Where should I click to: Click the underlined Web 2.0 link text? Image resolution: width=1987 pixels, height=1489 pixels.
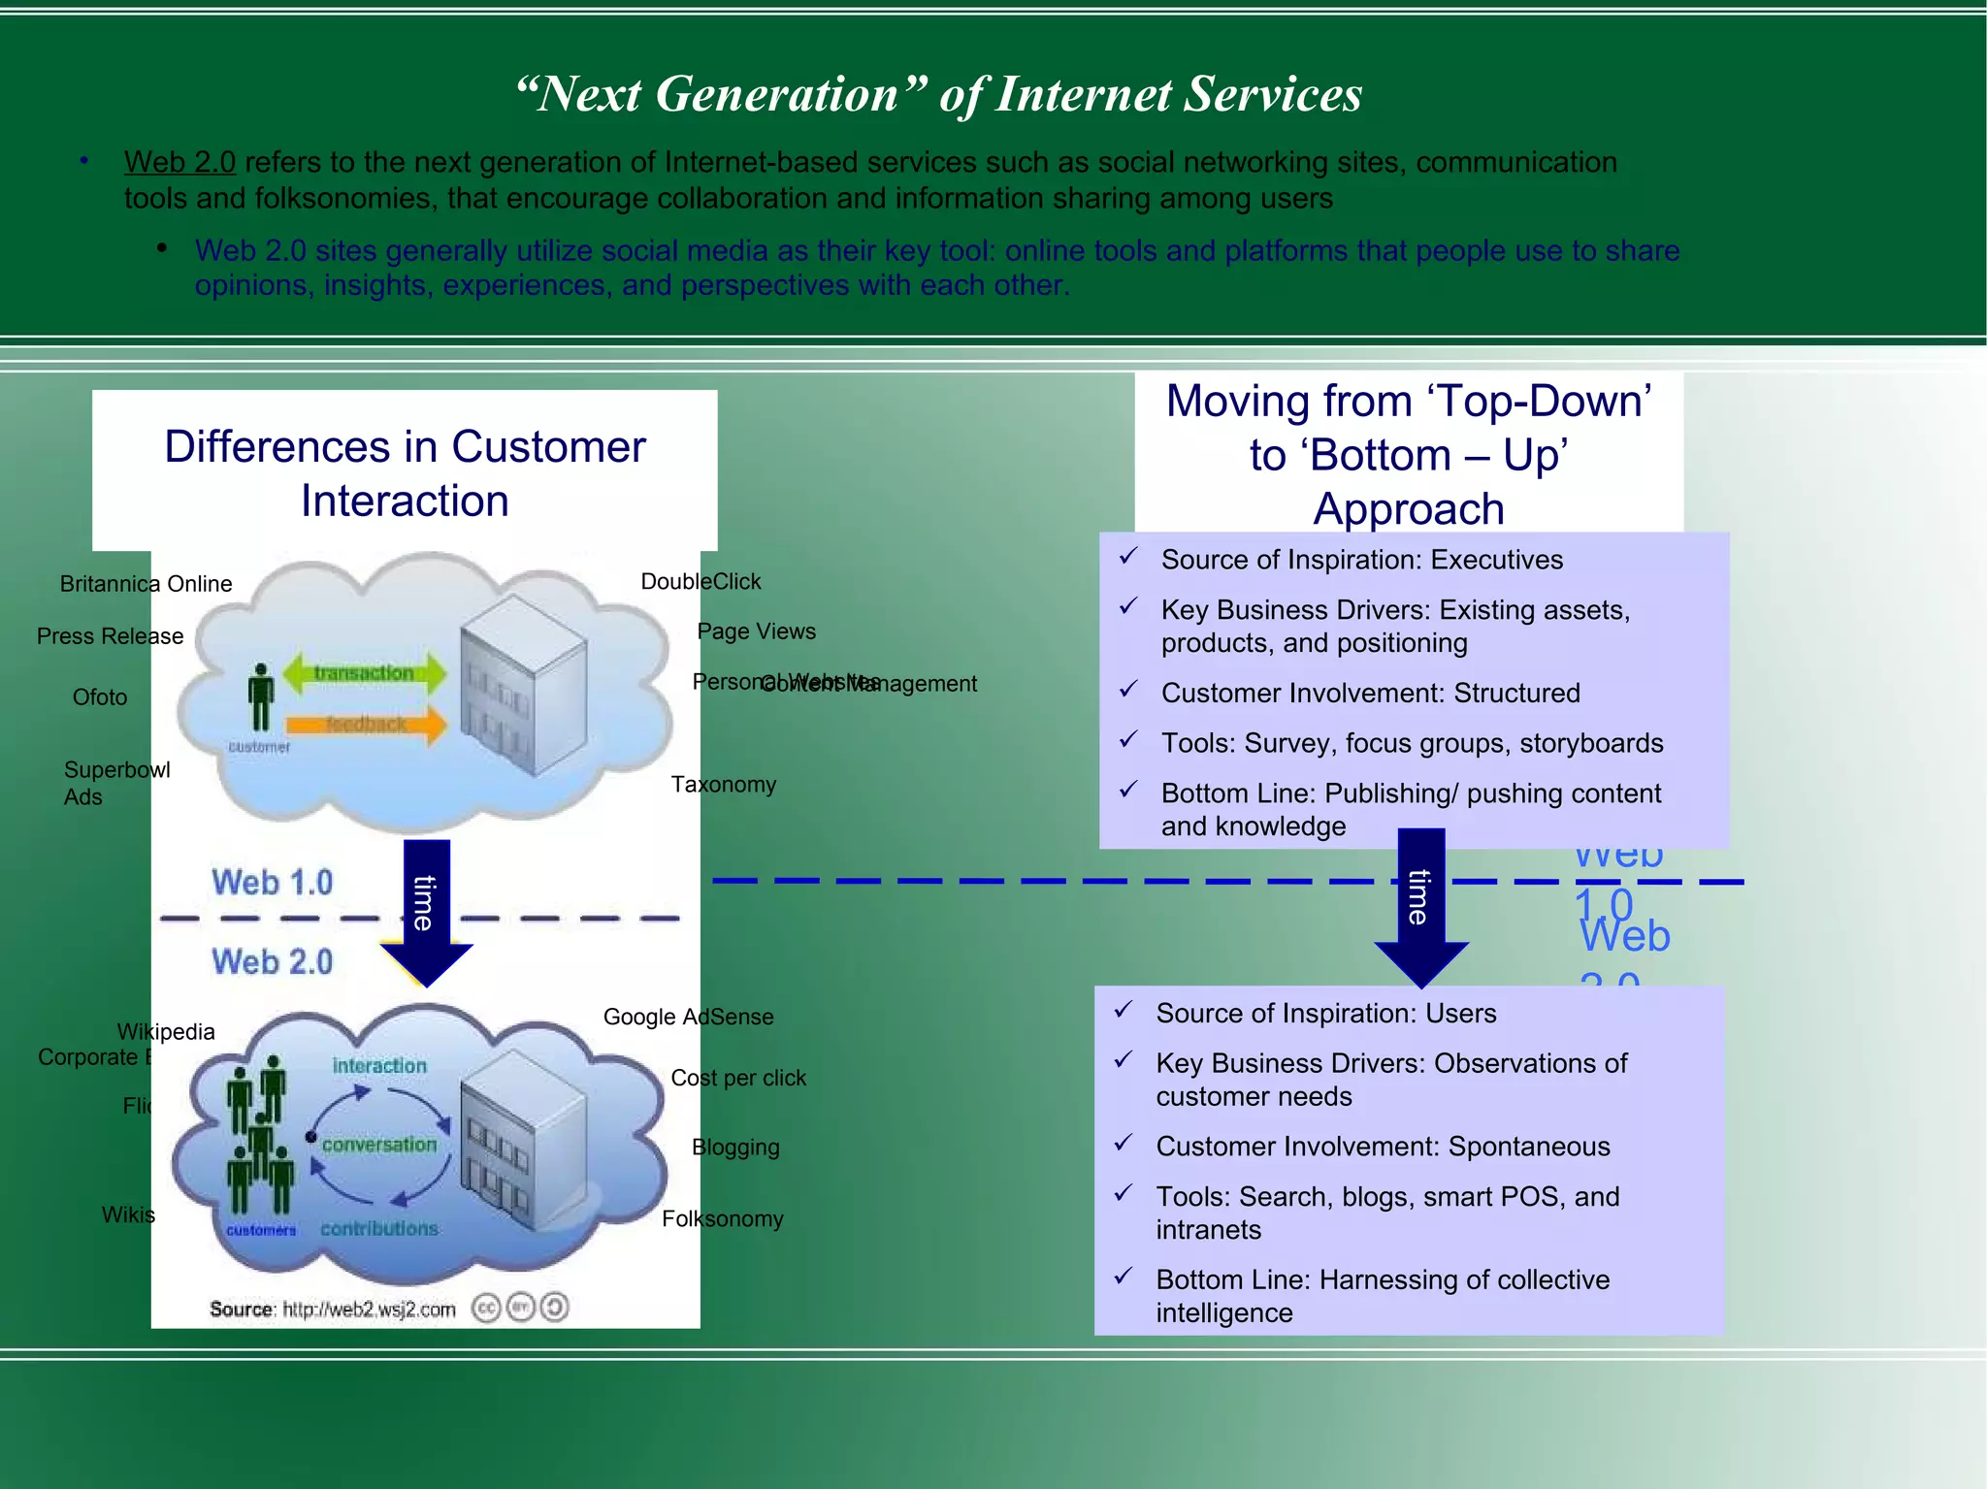[179, 162]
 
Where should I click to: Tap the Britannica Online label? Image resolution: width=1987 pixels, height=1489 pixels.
[146, 584]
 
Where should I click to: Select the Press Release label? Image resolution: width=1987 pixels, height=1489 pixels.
[110, 636]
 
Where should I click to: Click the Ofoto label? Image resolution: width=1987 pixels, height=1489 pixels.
[100, 697]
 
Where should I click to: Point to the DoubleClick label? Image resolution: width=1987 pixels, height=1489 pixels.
[700, 582]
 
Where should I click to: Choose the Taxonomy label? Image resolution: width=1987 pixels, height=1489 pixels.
[724, 785]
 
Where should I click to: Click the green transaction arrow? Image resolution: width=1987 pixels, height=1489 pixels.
[364, 673]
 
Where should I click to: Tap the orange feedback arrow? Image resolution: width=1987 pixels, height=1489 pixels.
[367, 725]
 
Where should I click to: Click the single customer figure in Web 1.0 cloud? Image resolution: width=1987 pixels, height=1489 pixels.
[260, 697]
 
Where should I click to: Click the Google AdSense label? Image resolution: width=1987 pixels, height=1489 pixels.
[688, 1018]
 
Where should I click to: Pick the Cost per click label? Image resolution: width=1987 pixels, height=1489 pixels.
[738, 1079]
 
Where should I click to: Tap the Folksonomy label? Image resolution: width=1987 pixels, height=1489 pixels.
[722, 1219]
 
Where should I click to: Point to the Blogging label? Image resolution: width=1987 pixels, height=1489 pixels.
[735, 1148]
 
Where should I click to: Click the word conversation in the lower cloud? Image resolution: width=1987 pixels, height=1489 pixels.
[379, 1146]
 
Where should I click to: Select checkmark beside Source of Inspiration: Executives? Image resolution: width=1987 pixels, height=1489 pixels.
[1127, 558]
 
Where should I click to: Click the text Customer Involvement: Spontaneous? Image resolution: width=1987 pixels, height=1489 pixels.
[1383, 1147]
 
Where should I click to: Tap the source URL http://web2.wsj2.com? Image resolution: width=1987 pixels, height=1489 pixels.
[369, 1310]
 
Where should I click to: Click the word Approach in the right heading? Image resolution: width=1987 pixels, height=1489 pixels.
[1409, 509]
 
